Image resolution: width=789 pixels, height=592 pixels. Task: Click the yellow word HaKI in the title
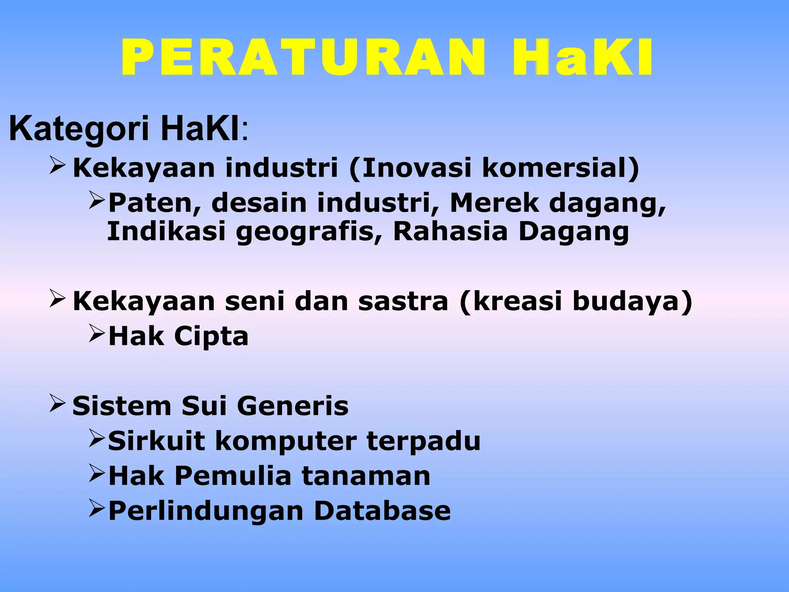pos(582,58)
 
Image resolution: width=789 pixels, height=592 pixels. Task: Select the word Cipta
pos(211,336)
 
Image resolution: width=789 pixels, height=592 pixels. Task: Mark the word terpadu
pos(424,441)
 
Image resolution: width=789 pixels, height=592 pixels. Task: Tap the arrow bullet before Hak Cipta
pos(97,333)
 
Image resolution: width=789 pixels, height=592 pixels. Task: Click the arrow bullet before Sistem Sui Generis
pos(58,403)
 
